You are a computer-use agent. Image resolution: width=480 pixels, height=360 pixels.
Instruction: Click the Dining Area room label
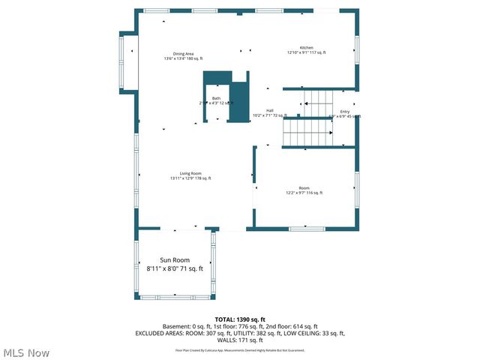click(x=184, y=54)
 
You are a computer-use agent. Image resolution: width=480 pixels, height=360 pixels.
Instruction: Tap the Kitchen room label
click(x=307, y=47)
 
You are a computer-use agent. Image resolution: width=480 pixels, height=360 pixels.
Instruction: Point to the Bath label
click(x=216, y=98)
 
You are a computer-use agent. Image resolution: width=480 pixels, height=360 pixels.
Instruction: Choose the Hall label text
click(x=269, y=111)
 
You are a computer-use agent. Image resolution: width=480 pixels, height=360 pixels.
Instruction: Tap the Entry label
click(x=345, y=112)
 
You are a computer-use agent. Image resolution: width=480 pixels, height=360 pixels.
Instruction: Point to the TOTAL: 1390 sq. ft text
click(x=240, y=319)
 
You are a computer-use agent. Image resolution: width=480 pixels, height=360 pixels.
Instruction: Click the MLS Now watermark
click(x=26, y=352)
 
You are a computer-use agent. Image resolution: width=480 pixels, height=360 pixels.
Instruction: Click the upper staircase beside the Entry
click(x=316, y=97)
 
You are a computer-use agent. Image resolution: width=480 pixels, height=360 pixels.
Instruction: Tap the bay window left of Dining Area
click(x=123, y=62)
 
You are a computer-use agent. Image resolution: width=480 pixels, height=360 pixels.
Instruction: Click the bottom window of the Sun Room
click(x=175, y=298)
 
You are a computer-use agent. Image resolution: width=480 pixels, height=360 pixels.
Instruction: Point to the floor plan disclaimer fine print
click(x=240, y=349)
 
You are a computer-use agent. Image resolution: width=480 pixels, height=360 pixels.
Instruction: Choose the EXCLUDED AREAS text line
click(x=240, y=333)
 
